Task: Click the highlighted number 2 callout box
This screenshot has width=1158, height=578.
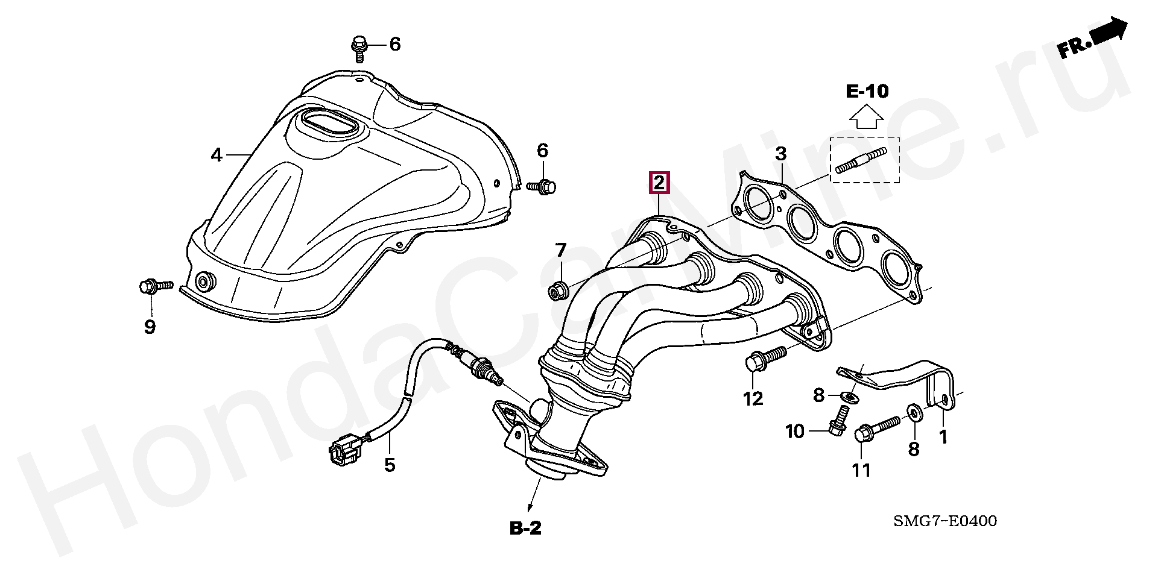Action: (659, 182)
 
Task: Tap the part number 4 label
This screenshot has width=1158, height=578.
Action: (217, 139)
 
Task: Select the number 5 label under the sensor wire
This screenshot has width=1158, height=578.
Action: (390, 465)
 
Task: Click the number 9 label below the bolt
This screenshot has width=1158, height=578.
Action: (150, 327)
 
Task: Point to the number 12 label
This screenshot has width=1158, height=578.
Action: (753, 398)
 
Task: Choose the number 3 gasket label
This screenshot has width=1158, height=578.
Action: (780, 154)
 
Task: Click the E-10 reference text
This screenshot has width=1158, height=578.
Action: (867, 92)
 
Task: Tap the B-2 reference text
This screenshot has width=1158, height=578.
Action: (526, 529)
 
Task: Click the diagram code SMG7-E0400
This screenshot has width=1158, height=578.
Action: (945, 521)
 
